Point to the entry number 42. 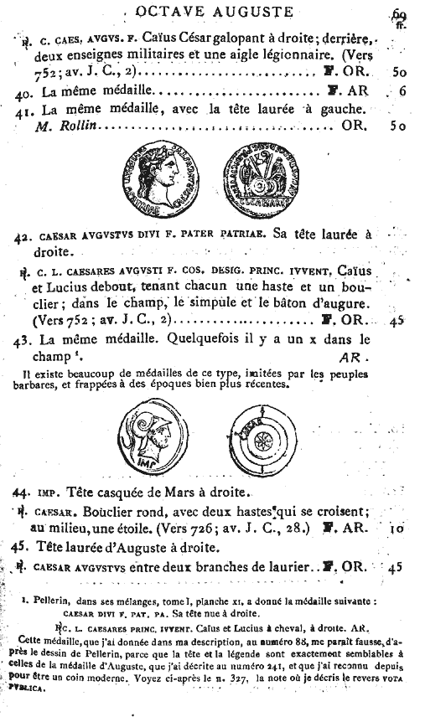[x=24, y=236]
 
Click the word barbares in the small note [x=36, y=387]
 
